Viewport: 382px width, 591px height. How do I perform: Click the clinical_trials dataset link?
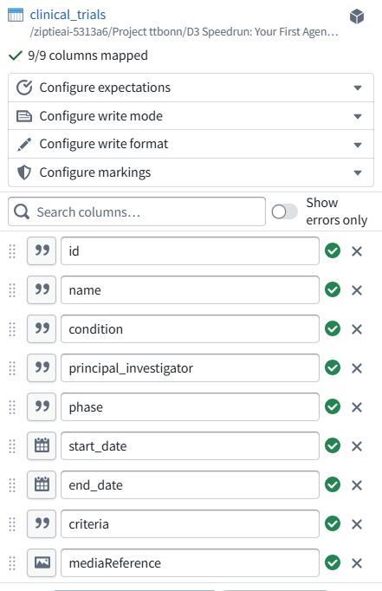click(x=68, y=15)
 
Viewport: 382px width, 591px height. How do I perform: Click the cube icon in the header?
click(x=356, y=16)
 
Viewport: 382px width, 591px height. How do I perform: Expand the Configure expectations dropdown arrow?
click(x=358, y=88)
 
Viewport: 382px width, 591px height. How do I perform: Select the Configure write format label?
click(x=104, y=144)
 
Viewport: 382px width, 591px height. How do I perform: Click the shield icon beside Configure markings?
click(x=24, y=172)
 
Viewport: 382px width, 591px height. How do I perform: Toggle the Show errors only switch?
click(x=284, y=211)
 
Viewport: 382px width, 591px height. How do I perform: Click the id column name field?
click(x=190, y=251)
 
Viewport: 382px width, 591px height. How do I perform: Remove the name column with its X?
click(x=357, y=290)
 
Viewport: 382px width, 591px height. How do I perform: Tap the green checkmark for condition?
click(x=333, y=328)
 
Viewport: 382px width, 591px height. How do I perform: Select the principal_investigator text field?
click(x=190, y=368)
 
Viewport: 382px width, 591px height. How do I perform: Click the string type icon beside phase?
click(x=42, y=406)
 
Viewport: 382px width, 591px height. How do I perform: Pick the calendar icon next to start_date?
click(x=42, y=446)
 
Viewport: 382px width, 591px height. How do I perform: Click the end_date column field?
click(x=190, y=484)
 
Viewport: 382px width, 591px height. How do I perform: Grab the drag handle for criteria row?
click(x=12, y=524)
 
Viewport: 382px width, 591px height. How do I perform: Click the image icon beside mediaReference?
click(x=42, y=562)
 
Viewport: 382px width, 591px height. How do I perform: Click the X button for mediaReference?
click(x=357, y=563)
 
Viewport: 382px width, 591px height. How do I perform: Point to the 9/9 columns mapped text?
click(x=87, y=55)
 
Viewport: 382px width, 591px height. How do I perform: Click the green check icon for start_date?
click(x=333, y=445)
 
